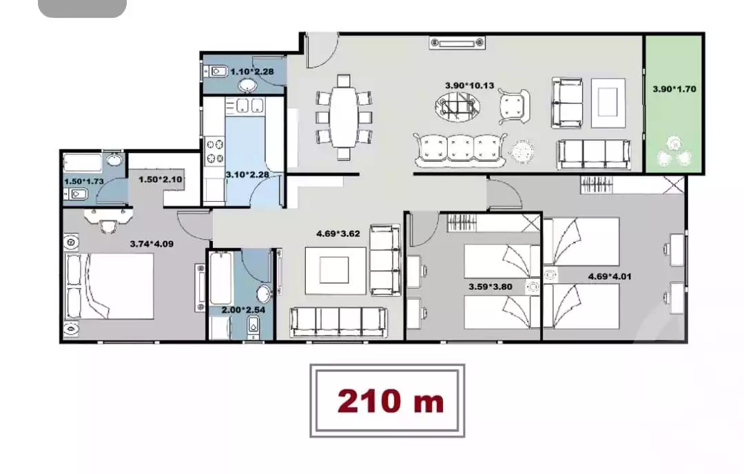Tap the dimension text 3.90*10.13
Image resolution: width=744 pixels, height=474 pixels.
(x=469, y=85)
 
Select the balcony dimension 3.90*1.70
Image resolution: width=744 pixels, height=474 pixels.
(x=673, y=89)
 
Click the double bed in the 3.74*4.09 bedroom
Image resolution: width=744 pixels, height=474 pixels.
(x=110, y=287)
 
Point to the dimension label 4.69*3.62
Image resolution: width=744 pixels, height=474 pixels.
(x=338, y=234)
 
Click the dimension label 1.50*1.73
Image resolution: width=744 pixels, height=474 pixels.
(x=83, y=181)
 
